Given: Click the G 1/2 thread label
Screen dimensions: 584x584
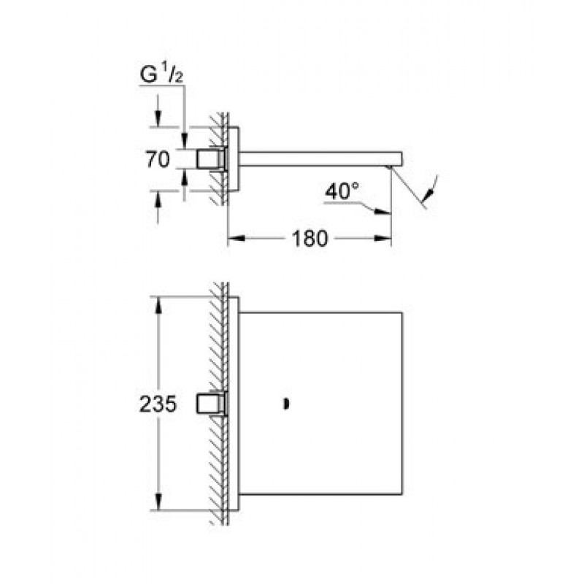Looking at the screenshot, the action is (161, 74).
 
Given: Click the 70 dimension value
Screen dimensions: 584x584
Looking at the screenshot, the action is (158, 159).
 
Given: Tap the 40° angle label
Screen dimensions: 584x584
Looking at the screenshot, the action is (342, 191).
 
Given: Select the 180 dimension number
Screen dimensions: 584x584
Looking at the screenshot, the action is (310, 239).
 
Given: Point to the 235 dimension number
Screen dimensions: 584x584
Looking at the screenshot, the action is (158, 404).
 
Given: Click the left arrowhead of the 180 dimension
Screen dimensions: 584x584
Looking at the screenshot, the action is (236, 239).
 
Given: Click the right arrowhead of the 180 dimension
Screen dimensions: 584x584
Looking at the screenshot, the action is (383, 239).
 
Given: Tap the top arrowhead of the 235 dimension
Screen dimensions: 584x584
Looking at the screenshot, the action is (158, 305).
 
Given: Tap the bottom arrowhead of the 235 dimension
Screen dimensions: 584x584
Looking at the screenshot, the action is (158, 502).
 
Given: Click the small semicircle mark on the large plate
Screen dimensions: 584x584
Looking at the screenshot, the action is (286, 404).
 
